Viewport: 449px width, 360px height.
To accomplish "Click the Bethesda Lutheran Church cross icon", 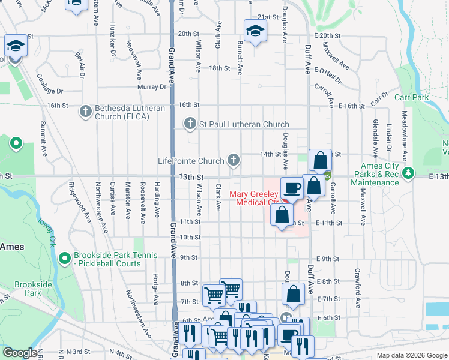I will click(x=86, y=110).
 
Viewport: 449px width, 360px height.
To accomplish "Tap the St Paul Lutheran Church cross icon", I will click(x=190, y=124).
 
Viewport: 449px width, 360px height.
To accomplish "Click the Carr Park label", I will click(x=412, y=97).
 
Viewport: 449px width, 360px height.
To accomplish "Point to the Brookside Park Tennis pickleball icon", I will click(x=65, y=258).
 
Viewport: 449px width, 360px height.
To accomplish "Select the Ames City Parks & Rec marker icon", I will click(x=409, y=173).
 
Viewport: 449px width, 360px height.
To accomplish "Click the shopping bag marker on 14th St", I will click(x=321, y=160).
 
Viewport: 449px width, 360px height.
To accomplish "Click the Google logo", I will click(x=20, y=353).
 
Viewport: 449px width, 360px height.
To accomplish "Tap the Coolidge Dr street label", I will click(x=49, y=85).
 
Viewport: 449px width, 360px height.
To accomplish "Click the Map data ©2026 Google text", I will click(x=411, y=355).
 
